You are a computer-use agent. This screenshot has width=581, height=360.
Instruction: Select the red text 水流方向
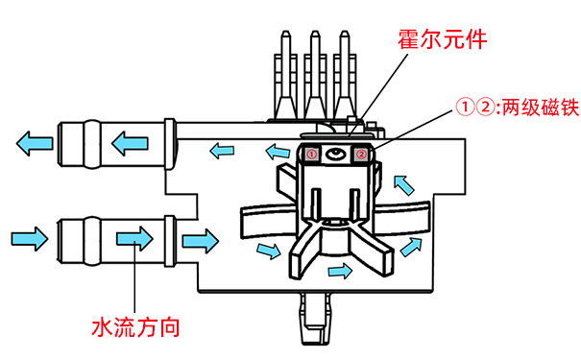(x=135, y=325)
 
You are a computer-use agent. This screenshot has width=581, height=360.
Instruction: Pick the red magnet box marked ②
(x=361, y=153)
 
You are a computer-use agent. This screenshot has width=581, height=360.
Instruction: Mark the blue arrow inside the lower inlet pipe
(x=131, y=237)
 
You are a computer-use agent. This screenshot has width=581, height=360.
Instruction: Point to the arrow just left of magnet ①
(x=277, y=151)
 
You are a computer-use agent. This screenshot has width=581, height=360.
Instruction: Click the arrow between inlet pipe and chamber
(x=199, y=237)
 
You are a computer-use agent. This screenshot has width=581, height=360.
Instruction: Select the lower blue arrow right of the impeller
(x=411, y=248)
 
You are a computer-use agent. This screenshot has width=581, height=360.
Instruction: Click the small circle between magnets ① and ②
(x=336, y=154)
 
